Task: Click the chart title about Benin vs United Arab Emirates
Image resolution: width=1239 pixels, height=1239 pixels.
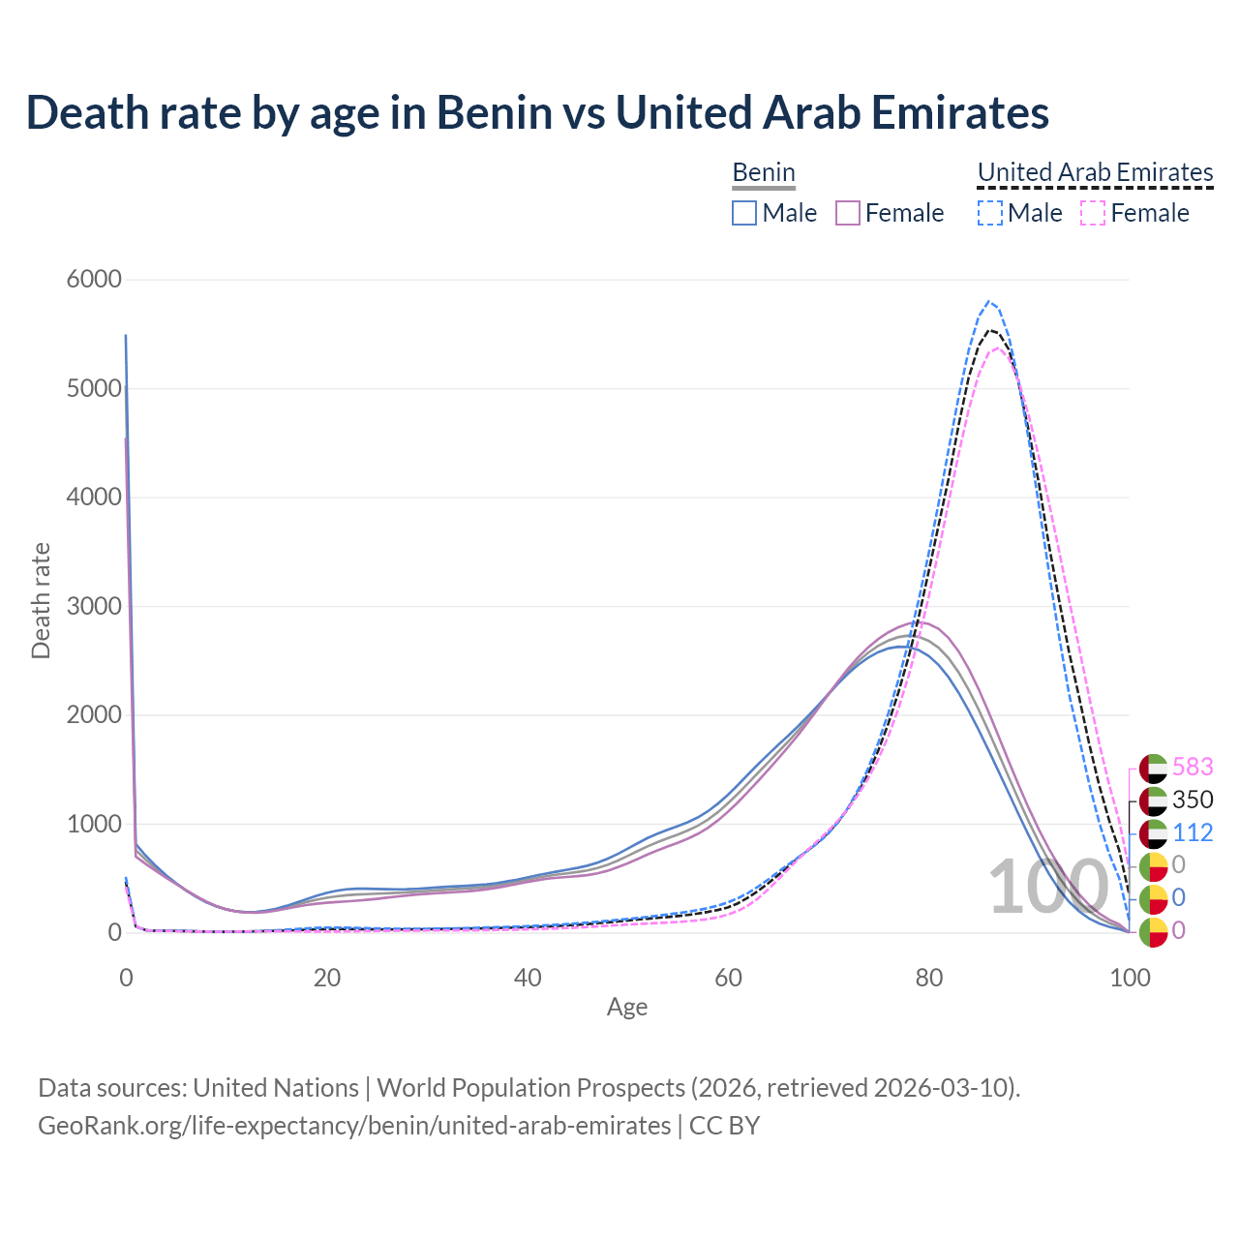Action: pyautogui.click(x=537, y=112)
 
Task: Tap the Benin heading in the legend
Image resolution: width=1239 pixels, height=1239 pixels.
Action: pyautogui.click(x=764, y=172)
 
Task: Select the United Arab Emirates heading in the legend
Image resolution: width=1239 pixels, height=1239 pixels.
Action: pyautogui.click(x=1095, y=172)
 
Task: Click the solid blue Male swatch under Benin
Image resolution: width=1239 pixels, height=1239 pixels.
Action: pyautogui.click(x=743, y=213)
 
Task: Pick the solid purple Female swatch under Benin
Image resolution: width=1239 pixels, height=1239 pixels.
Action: pyautogui.click(x=848, y=213)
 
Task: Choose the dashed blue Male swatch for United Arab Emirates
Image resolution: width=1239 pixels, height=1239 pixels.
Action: pyautogui.click(x=989, y=213)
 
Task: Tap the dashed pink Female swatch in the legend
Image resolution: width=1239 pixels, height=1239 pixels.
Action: pyautogui.click(x=1092, y=213)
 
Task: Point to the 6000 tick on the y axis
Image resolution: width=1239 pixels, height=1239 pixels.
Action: pyautogui.click(x=94, y=280)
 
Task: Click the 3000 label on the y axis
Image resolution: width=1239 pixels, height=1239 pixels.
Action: pyautogui.click(x=94, y=607)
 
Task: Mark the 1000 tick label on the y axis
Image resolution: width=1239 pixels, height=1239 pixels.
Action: pyautogui.click(x=94, y=825)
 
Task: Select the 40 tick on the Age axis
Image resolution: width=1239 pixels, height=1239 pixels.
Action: pyautogui.click(x=528, y=978)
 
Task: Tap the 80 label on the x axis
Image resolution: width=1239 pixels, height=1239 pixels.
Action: pyautogui.click(x=929, y=978)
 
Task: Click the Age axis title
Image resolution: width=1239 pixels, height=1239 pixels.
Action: pyautogui.click(x=627, y=1008)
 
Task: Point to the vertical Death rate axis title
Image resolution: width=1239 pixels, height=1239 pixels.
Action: pyautogui.click(x=41, y=601)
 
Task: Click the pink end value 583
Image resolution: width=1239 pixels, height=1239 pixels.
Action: pyautogui.click(x=1193, y=767)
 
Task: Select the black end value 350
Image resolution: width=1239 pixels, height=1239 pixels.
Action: pyautogui.click(x=1193, y=800)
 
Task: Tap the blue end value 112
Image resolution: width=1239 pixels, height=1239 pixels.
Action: pyautogui.click(x=1193, y=832)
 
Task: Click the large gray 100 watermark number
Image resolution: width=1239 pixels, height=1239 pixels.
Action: pyautogui.click(x=1048, y=887)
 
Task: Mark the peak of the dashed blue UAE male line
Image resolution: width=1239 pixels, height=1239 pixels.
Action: pyautogui.click(x=988, y=301)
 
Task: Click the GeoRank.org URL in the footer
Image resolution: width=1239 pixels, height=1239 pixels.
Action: pyautogui.click(x=354, y=1126)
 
